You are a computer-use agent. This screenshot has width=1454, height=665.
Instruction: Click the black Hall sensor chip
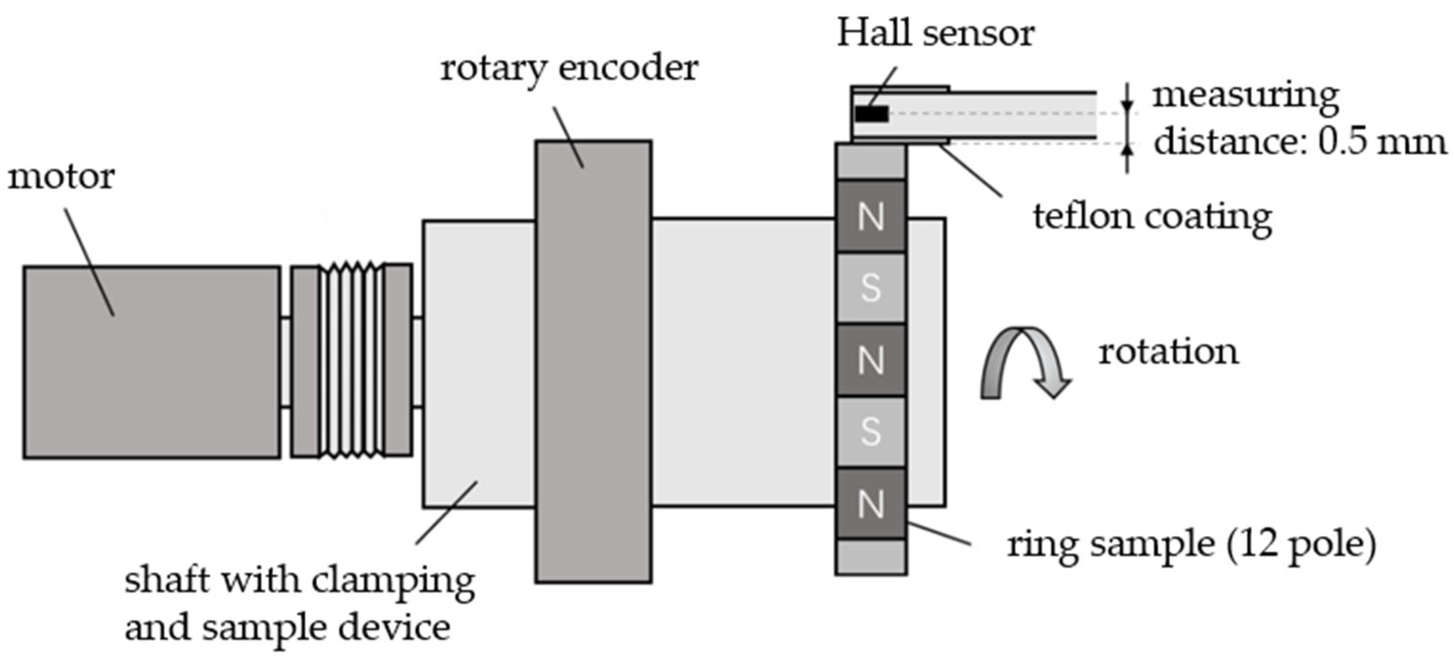[872, 114]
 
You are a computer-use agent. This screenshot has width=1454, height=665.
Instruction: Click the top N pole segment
[871, 216]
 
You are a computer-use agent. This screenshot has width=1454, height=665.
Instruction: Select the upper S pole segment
[871, 288]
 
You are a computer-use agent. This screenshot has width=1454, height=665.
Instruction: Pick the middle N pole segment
[871, 359]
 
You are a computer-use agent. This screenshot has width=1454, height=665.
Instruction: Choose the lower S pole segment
[871, 431]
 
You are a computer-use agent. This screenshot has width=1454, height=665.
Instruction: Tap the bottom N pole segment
[871, 503]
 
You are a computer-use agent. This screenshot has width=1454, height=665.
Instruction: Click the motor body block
[151, 362]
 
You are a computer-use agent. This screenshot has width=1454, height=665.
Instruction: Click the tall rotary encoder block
[593, 361]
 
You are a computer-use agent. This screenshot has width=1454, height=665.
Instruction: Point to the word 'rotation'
[1168, 352]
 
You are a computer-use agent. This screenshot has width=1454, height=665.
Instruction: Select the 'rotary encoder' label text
[569, 69]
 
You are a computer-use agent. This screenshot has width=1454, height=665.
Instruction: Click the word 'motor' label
[61, 177]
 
